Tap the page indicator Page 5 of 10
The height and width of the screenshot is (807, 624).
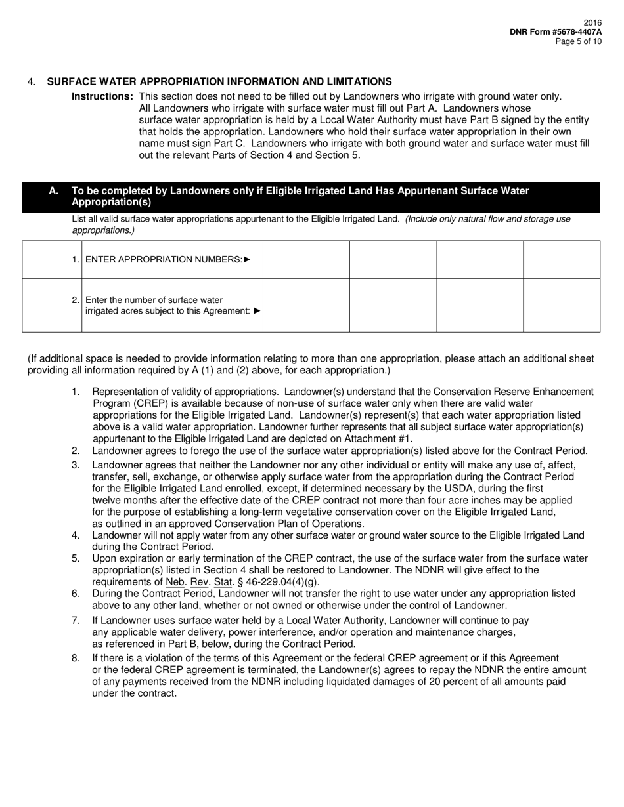click(x=578, y=41)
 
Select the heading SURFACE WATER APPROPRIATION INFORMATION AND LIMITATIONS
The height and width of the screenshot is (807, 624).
click(x=219, y=81)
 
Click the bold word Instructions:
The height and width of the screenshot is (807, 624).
click(x=102, y=96)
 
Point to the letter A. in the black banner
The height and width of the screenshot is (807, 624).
click(x=54, y=191)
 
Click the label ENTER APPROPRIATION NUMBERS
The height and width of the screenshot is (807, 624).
click(x=164, y=259)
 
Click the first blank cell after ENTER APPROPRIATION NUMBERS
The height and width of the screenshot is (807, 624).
click(x=306, y=259)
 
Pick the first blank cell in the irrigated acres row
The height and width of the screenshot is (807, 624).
click(x=306, y=305)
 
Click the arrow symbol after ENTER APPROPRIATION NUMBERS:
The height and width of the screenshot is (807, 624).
click(x=247, y=259)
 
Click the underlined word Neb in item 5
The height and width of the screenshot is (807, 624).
click(x=175, y=582)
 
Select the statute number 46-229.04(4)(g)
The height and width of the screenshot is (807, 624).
click(x=282, y=582)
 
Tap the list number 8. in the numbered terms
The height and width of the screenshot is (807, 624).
click(x=76, y=658)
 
